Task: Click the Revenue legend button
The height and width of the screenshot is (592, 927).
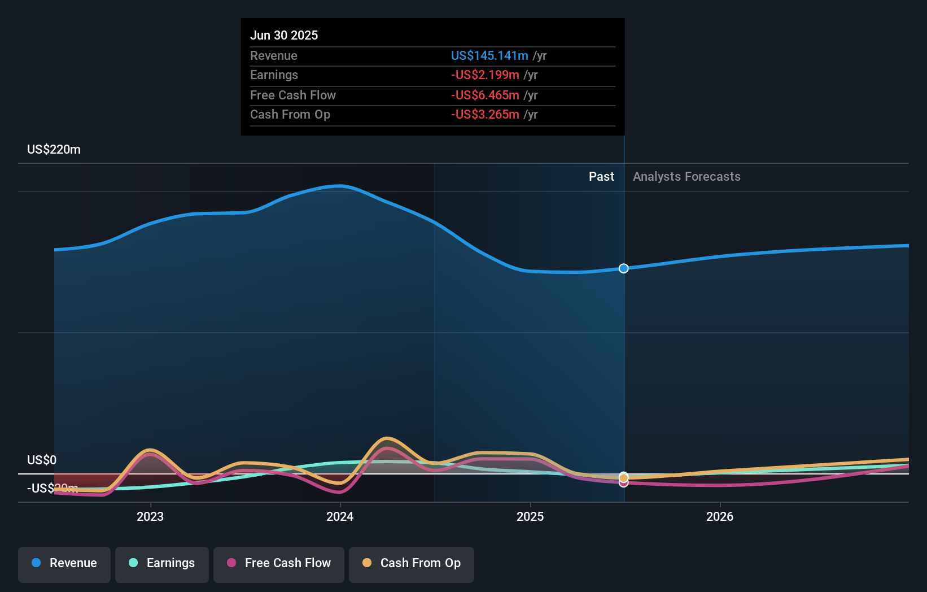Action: point(64,563)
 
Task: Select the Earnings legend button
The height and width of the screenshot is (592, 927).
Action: point(162,563)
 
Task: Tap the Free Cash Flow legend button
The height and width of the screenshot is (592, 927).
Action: point(279,563)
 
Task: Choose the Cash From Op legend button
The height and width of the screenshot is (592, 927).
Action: point(412,563)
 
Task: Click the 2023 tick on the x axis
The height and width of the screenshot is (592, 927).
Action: point(150,516)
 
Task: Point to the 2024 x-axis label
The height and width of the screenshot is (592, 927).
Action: point(340,516)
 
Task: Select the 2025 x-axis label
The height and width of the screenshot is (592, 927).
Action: point(530,516)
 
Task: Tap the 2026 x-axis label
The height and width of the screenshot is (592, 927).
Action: point(720,516)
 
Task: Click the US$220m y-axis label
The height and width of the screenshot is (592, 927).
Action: point(54,150)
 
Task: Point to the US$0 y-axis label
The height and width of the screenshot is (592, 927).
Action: point(42,460)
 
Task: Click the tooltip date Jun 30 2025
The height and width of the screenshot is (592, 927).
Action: point(284,35)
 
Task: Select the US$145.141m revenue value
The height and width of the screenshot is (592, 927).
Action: point(489,55)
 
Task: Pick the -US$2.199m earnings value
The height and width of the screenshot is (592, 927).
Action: point(485,75)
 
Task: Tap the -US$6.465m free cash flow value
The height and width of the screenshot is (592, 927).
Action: point(485,95)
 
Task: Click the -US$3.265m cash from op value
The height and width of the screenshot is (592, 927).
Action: point(485,115)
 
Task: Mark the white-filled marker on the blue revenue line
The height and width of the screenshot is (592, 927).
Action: point(623,268)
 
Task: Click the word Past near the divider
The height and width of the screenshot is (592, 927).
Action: point(601,177)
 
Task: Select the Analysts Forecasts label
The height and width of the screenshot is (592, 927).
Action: point(686,177)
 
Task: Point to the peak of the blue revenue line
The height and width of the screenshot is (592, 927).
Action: point(339,185)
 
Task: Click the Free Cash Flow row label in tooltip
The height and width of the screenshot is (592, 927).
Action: point(293,95)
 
